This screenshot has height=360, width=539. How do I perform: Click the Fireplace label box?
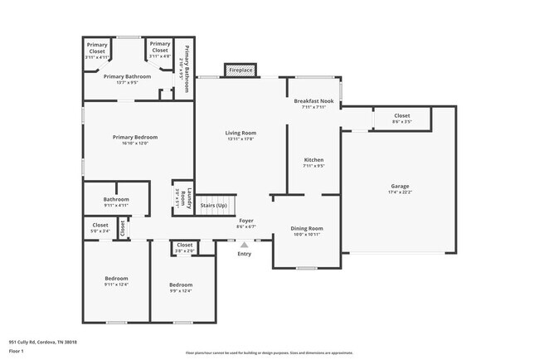point(240,71)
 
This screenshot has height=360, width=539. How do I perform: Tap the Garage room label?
point(400,186)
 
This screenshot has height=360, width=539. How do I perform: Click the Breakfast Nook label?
point(313,100)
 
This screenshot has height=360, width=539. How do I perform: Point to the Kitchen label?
point(313,159)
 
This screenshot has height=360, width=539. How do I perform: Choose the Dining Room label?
point(306,228)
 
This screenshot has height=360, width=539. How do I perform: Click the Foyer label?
point(247,221)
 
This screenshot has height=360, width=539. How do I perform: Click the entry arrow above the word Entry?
point(244,246)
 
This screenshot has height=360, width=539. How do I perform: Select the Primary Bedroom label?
point(135,137)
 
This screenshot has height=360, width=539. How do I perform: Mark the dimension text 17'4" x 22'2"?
point(400,192)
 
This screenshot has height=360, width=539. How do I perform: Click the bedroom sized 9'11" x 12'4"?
point(116,280)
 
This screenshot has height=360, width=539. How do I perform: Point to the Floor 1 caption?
point(17,351)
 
